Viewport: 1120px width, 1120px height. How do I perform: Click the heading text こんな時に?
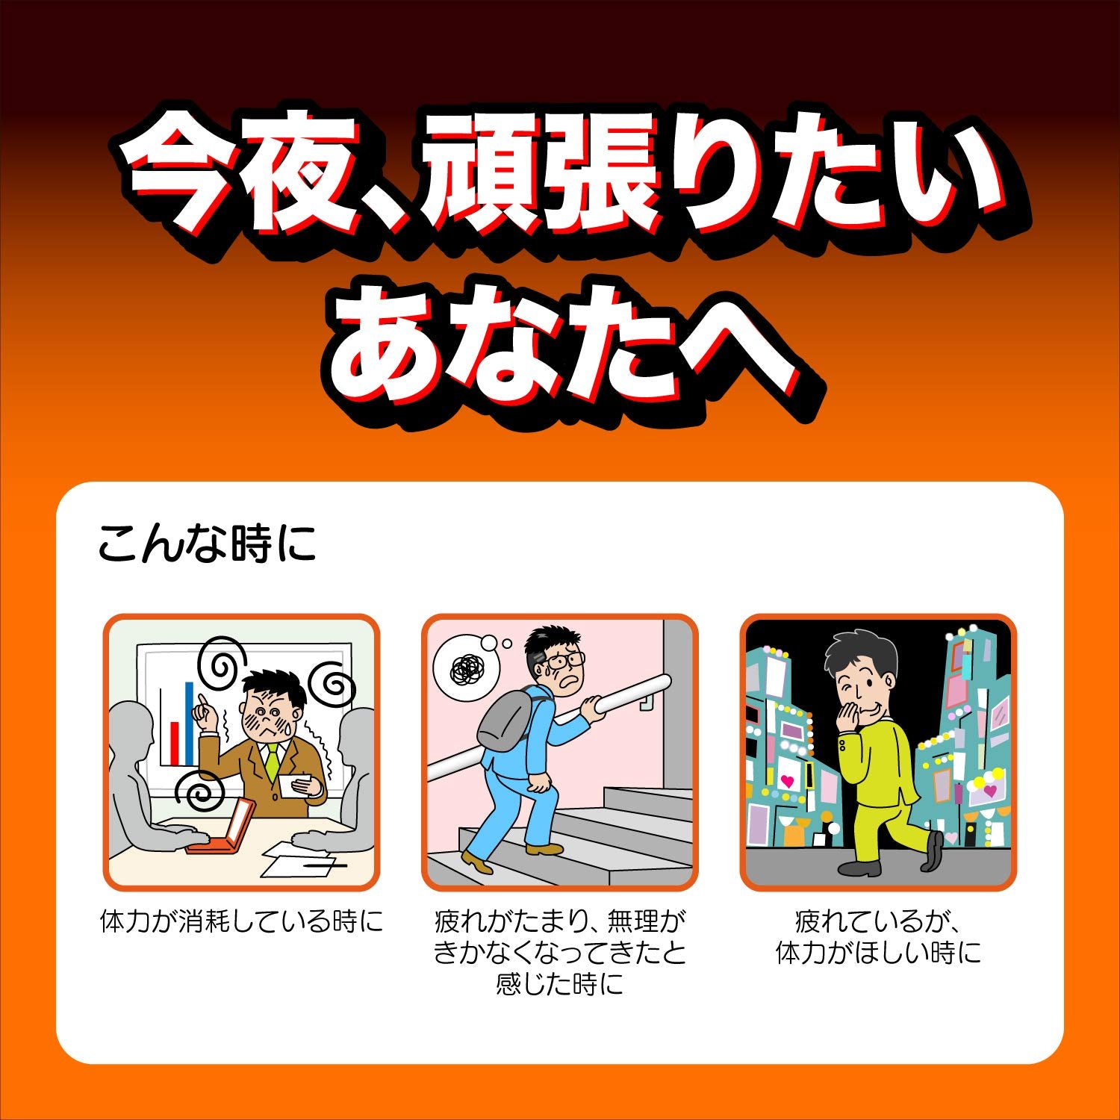(207, 543)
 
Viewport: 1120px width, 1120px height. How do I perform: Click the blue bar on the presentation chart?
(189, 723)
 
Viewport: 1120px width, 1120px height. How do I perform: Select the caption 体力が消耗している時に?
(241, 921)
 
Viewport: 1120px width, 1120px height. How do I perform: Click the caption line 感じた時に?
(559, 984)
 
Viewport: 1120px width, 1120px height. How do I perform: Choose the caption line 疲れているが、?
(877, 921)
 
